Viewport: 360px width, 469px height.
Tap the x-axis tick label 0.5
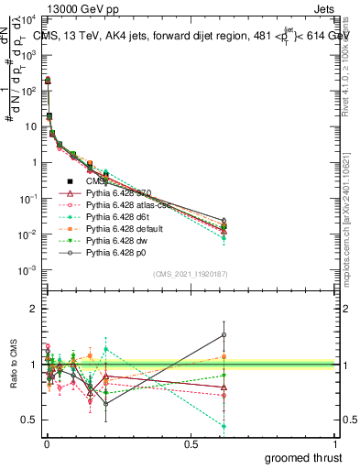(190, 443)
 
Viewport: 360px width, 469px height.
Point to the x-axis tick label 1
(335, 443)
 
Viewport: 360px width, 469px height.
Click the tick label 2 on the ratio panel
(34, 309)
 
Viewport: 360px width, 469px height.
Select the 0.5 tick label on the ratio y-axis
(29, 420)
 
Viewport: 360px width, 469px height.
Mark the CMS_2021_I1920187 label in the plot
(191, 274)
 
